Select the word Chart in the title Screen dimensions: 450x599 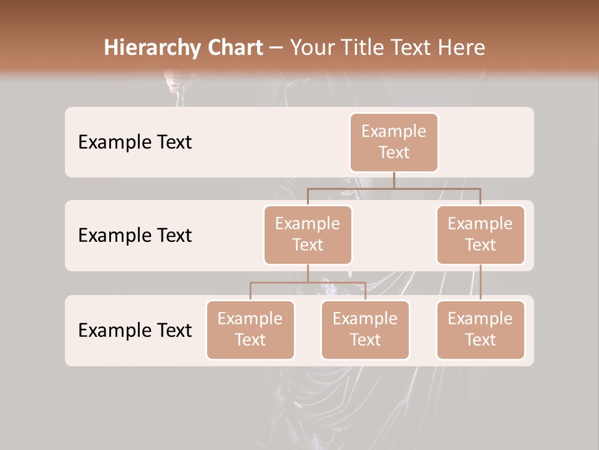click(232, 48)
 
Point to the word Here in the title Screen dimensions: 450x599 click(463, 48)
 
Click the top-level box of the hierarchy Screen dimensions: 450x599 click(394, 142)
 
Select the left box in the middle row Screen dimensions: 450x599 click(308, 235)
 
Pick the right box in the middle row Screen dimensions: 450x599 click(480, 235)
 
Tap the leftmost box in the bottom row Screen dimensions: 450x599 click(250, 330)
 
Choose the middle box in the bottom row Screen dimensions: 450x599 click(365, 330)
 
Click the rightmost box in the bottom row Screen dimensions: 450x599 click(480, 330)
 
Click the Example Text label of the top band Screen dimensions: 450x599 click(135, 142)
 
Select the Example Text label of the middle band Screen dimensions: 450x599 click(135, 236)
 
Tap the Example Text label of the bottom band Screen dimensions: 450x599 click(135, 330)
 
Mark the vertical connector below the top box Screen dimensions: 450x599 click(394, 180)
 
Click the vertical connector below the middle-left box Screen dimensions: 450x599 click(308, 273)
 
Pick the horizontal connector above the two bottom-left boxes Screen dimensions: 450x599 click(281, 282)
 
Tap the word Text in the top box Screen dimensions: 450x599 click(394, 152)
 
